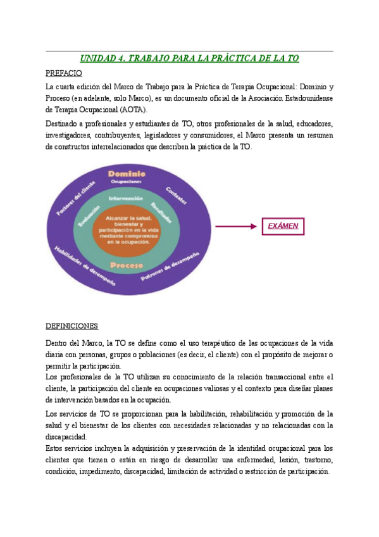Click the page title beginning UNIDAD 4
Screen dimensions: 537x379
point(190,59)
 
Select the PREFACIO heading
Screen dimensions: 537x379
point(64,73)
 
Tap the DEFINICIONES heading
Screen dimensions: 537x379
point(71,326)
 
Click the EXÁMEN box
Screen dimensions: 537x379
point(283,225)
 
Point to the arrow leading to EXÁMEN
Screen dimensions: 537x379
point(237,225)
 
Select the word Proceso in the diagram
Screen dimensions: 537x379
point(126,265)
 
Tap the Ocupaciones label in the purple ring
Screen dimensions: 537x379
point(127,182)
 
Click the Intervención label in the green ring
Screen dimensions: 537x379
point(126,198)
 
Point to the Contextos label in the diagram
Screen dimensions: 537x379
point(176,194)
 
